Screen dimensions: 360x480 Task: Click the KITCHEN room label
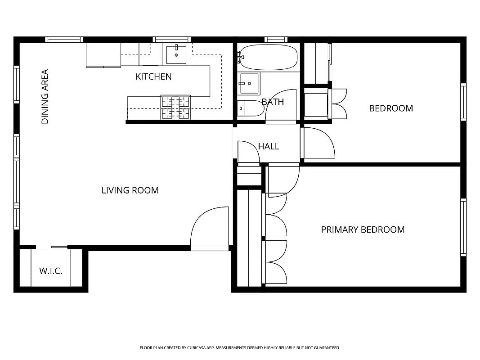pyautogui.click(x=153, y=76)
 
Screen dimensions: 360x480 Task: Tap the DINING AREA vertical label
pyautogui.click(x=45, y=96)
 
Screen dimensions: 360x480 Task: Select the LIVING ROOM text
pyautogui.click(x=130, y=190)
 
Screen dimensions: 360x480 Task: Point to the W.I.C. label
pyautogui.click(x=51, y=271)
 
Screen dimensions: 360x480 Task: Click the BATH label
pyautogui.click(x=273, y=102)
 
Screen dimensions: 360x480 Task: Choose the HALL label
pyautogui.click(x=269, y=146)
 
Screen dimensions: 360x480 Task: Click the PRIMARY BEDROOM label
pyautogui.click(x=363, y=229)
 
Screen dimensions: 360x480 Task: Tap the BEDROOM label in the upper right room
pyautogui.click(x=391, y=108)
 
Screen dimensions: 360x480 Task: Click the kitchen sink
pyautogui.click(x=176, y=54)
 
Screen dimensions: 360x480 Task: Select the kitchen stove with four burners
pyautogui.click(x=175, y=108)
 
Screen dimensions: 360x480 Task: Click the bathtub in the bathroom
pyautogui.click(x=268, y=57)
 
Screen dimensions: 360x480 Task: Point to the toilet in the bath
pyautogui.click(x=249, y=108)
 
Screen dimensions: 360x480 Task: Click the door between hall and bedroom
pyautogui.click(x=318, y=143)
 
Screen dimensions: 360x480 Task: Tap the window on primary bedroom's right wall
pyautogui.click(x=463, y=227)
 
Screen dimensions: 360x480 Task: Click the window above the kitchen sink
pyautogui.click(x=171, y=40)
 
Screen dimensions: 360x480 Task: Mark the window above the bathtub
pyautogui.click(x=276, y=40)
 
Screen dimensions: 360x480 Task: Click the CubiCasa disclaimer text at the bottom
pyautogui.click(x=240, y=348)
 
